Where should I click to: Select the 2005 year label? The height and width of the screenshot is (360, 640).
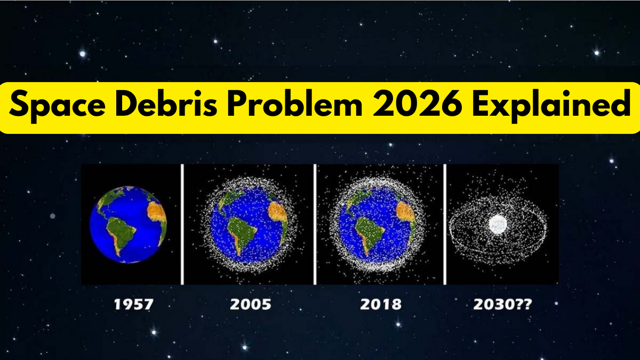click(250, 305)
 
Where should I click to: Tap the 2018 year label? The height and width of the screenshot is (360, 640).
click(381, 305)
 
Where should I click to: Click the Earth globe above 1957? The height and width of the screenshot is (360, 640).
click(129, 223)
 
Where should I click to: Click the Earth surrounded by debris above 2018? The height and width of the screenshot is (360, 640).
click(378, 224)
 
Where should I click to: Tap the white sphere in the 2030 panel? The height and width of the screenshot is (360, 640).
click(498, 223)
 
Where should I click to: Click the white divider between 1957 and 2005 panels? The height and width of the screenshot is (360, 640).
click(182, 224)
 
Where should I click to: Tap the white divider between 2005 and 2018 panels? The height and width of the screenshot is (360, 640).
click(315, 224)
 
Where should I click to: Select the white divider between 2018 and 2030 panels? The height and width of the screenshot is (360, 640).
click(444, 224)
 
